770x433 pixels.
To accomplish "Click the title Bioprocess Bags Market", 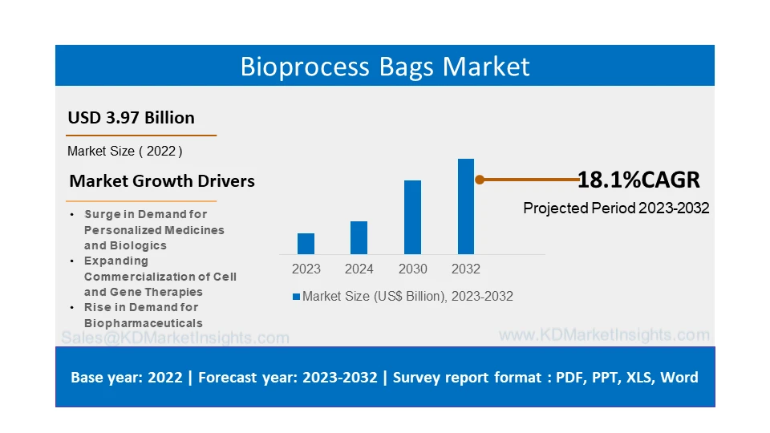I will pyautogui.click(x=385, y=66).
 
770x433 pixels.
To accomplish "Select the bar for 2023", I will pyautogui.click(x=306, y=244).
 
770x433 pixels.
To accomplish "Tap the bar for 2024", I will pyautogui.click(x=359, y=237).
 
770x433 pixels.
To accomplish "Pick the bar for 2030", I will pyautogui.click(x=412, y=217).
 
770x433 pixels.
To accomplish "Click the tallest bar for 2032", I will pyautogui.click(x=466, y=206).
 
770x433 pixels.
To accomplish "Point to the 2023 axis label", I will pyautogui.click(x=306, y=269).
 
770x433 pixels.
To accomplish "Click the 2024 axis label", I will pyautogui.click(x=359, y=269).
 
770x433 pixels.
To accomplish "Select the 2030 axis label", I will pyautogui.click(x=412, y=269).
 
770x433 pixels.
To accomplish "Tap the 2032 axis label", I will pyautogui.click(x=466, y=269).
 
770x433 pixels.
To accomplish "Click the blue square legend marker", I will pyautogui.click(x=296, y=297).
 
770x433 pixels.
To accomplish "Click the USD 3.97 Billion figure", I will pyautogui.click(x=131, y=118).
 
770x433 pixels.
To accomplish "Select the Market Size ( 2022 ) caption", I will pyautogui.click(x=124, y=151).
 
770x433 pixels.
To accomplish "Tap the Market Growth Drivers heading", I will pyautogui.click(x=162, y=181).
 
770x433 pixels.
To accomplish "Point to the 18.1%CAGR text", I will pyautogui.click(x=638, y=180).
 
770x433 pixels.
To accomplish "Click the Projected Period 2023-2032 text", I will pyautogui.click(x=616, y=208).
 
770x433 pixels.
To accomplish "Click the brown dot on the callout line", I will pyautogui.click(x=480, y=180).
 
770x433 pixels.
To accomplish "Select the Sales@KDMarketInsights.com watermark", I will pyautogui.click(x=175, y=338).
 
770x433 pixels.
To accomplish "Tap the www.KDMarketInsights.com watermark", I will pyautogui.click(x=604, y=335).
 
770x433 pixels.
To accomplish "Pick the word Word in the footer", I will pyautogui.click(x=679, y=377).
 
